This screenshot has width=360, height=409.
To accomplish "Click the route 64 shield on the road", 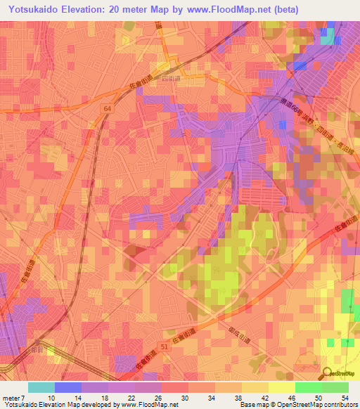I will pos(105,108).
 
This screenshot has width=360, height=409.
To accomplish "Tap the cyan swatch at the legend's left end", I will pos(41,387).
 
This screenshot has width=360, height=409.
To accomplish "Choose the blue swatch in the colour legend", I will pos(68,387).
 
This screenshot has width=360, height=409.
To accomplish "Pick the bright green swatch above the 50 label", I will pos(308,387).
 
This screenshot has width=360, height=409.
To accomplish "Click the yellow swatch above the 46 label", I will pos(281,387).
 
